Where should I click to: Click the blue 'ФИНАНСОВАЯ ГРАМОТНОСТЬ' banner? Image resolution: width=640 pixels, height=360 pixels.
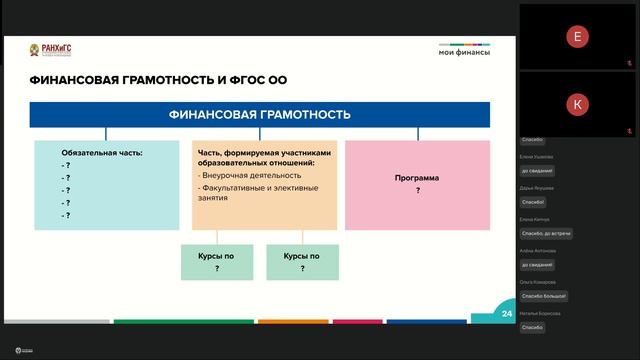pos(259,115)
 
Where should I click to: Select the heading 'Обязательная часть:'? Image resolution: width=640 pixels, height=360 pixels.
pos(102,153)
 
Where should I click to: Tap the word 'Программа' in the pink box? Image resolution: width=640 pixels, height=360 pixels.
pos(416,178)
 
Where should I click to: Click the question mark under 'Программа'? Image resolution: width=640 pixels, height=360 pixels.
pos(417,190)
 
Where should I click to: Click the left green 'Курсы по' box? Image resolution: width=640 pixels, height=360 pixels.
pos(217,262)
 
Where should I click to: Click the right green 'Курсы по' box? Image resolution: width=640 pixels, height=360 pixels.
pos(302,262)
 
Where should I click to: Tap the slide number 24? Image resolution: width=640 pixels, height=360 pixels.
pos(507,314)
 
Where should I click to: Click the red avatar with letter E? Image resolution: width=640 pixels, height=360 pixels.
pos(576,37)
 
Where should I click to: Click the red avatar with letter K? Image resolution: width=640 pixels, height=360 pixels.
pos(576,104)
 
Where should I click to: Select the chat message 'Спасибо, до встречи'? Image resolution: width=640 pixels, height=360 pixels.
pos(546,233)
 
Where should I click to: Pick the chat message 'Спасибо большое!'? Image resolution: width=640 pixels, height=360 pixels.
pos(544,296)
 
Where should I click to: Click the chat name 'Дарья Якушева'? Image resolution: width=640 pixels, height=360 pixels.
pos(537,188)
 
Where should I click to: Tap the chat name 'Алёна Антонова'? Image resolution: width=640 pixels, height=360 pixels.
pos(538,251)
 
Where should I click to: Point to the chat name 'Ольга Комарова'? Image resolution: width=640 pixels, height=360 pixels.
pos(538,282)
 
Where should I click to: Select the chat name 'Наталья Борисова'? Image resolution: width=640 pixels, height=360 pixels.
pos(540,314)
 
